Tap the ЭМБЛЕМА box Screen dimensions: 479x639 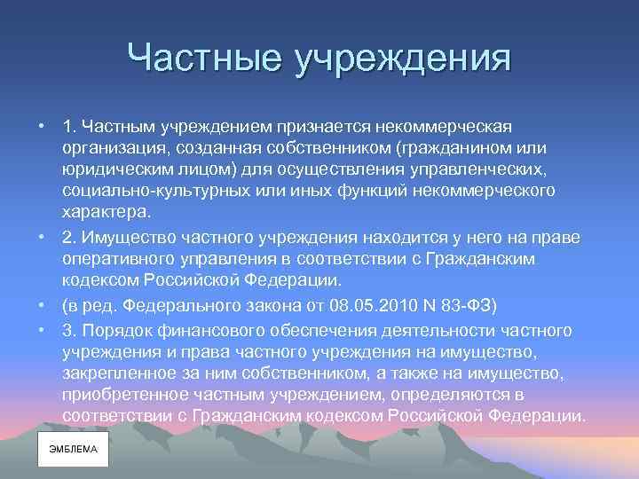pos(73,449)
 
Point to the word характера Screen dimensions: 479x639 pos(106,214)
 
